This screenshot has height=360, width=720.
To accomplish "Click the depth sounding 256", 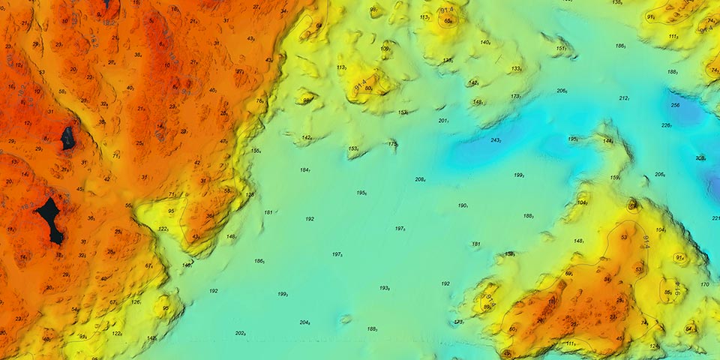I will pos(675,105).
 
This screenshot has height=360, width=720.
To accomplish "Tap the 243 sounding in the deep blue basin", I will pos(496,140).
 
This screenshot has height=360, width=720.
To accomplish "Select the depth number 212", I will pos(624,98).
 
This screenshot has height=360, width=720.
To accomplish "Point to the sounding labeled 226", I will pos(666,125).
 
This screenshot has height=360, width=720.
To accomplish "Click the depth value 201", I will pos(443,121).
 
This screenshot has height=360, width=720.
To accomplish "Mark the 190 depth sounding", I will pos(463,205).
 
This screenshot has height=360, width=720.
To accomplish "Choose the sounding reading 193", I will pos(385,288).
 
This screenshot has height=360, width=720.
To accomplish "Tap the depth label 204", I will pos(305,322).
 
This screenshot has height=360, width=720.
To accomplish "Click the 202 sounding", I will pos(241,333).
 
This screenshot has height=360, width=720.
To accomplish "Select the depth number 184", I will pos(305,170).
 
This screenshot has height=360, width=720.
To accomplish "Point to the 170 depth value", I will pos(704,285).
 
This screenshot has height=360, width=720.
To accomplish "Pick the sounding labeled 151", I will pos(561,49).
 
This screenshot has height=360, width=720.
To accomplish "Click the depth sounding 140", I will pos(485,43).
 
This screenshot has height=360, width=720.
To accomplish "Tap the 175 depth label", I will pos(393,143).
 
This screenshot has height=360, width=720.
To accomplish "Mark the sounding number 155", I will pos(256,151).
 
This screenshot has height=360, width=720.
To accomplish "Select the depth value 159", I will pos(615,178).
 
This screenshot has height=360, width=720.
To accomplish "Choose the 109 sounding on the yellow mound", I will pos(385,49).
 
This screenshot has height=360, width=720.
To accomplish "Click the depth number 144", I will pos(608,141).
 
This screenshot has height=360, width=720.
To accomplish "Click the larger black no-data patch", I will pos(50,218).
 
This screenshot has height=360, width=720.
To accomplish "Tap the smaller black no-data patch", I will pos(67,136).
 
